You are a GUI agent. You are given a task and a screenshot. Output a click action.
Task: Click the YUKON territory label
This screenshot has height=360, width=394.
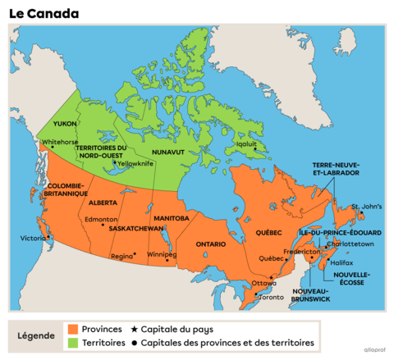pos(64,123)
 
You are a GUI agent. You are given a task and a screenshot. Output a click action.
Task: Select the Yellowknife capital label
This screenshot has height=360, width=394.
pos(135,163)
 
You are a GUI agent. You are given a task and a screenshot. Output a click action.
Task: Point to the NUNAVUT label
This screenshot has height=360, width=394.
pos(168,152)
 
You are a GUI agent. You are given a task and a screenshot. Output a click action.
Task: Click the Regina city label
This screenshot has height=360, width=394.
pos(122,256)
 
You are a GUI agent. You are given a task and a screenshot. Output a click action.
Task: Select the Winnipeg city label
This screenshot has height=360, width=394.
pos(162,254)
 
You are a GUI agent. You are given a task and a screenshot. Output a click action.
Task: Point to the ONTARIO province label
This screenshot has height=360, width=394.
pos(211,244)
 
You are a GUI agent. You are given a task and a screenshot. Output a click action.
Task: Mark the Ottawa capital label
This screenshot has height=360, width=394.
pos(263,283)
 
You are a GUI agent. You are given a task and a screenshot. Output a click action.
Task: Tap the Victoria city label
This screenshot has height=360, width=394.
pos(34,239)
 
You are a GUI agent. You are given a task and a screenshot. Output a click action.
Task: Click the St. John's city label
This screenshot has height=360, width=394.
pos(366,206)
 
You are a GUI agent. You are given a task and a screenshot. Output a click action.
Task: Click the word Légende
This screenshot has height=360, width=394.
pos(37,336)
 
